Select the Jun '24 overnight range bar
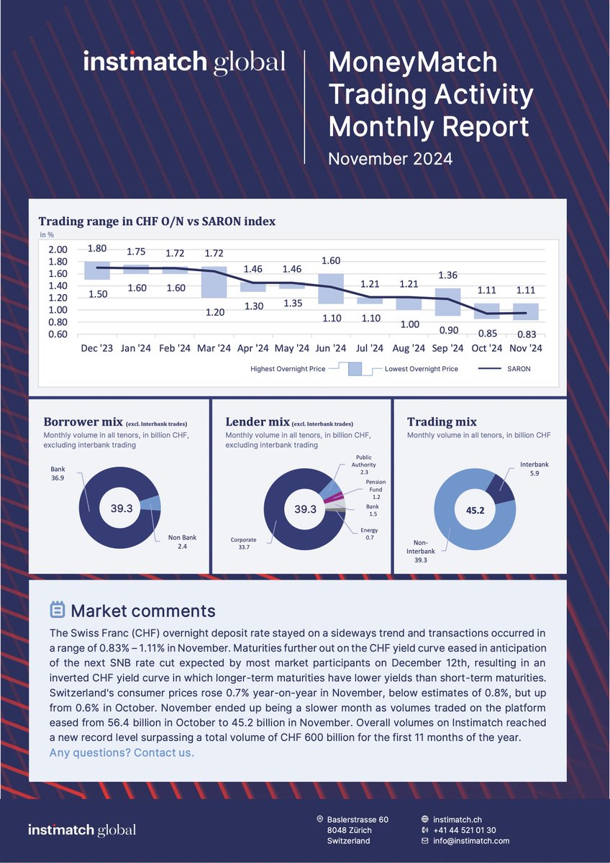click(x=331, y=288)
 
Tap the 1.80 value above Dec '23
click(x=97, y=249)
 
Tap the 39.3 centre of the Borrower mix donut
click(x=122, y=509)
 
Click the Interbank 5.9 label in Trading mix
click(x=534, y=469)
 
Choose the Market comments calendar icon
click(x=57, y=611)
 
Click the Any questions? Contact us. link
click(x=122, y=753)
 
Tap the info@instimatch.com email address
click(x=470, y=841)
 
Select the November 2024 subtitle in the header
click(x=390, y=158)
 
